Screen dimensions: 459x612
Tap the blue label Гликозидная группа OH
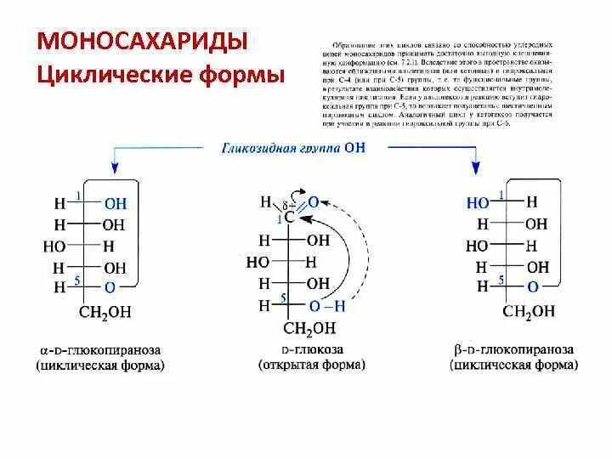pos(293,147)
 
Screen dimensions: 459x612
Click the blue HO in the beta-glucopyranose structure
pos(478,203)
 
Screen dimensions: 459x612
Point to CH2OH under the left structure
pos(107,311)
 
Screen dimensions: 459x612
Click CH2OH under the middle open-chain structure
pos(309,328)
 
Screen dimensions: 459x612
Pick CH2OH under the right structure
pos(529,311)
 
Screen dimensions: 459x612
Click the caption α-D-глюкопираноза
pos(101,349)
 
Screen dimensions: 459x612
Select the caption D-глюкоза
pos(311,349)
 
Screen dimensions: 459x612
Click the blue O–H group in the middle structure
pos(327,305)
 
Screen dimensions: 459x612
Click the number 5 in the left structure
pos(78,280)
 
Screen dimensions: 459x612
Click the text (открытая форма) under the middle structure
pos(311,365)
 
